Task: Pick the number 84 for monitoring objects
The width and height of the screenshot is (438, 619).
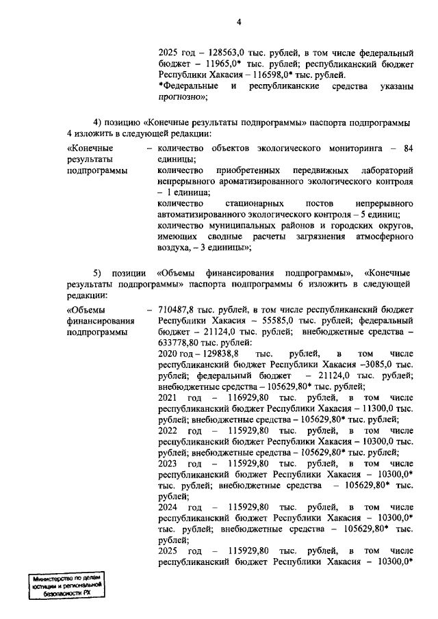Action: coord(409,148)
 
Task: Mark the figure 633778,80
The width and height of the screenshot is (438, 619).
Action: coord(177,343)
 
